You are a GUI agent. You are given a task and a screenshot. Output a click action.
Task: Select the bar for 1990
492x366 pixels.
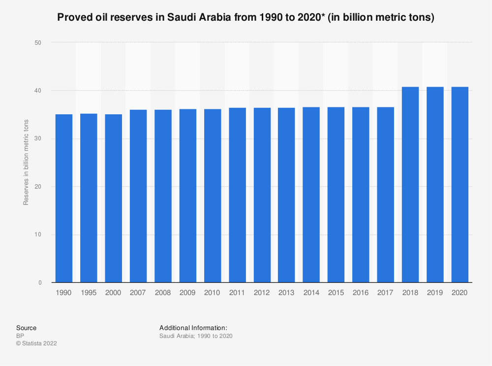coord(64,198)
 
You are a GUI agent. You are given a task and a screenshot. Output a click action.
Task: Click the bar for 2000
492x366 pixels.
coord(113,198)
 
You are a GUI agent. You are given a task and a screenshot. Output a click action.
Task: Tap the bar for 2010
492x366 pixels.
coord(213,196)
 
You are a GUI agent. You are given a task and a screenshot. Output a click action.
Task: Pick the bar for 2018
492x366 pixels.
coord(410,185)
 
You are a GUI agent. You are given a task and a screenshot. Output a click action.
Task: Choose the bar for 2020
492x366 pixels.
coord(460,185)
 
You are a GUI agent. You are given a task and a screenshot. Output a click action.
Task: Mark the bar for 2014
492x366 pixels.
coord(311,195)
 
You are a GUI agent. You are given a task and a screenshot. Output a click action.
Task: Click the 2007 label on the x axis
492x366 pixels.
coord(138,292)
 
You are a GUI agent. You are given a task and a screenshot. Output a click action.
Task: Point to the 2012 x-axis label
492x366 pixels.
coord(262,292)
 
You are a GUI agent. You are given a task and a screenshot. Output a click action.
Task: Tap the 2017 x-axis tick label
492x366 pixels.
coord(385,292)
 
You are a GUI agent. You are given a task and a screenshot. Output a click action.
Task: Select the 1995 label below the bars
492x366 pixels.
coord(89,292)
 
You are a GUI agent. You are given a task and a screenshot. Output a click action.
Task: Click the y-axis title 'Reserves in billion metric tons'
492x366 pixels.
coord(26,163)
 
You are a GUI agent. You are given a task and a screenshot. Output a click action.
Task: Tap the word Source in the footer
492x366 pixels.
coord(26,328)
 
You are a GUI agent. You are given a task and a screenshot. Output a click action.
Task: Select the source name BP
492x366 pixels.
coord(20,336)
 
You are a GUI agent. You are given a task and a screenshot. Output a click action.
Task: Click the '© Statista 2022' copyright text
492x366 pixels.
coord(36,343)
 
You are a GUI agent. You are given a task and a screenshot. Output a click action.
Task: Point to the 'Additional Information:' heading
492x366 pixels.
coord(193,328)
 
